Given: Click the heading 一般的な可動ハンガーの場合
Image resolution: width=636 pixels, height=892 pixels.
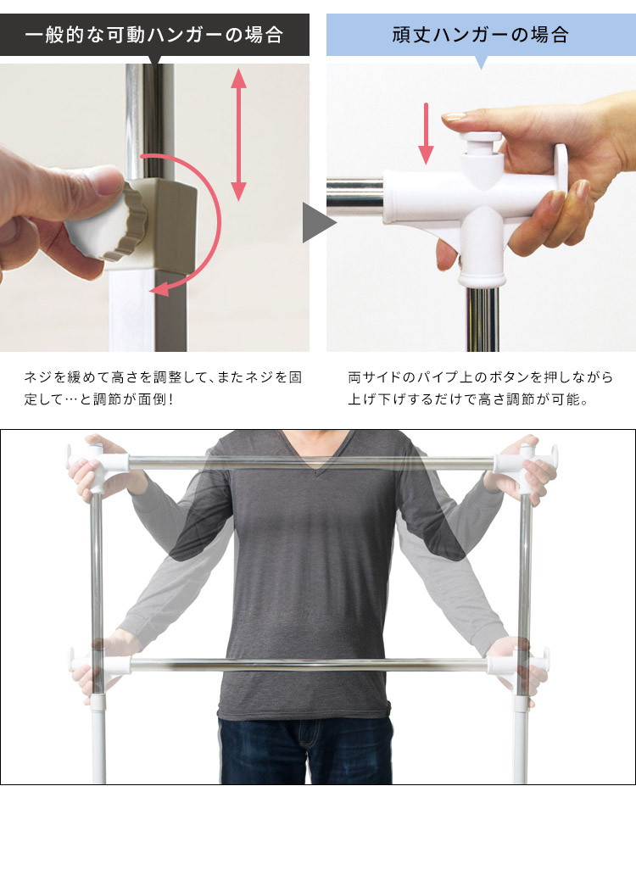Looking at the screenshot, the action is tap(153, 35).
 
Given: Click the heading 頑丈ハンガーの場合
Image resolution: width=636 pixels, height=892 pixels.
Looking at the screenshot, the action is tap(481, 35).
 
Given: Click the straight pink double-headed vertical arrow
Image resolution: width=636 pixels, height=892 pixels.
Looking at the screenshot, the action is tap(239, 135).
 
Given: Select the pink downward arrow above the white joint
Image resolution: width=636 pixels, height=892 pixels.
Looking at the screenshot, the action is tap(426, 133).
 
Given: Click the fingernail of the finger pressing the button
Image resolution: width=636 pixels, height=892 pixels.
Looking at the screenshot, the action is tap(454, 117).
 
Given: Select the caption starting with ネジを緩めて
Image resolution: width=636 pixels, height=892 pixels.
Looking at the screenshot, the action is tap(164, 388).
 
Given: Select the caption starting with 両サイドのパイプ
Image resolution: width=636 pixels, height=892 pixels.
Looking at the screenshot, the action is tap(481, 388).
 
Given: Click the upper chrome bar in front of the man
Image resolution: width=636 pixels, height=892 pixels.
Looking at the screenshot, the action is tap(310, 462).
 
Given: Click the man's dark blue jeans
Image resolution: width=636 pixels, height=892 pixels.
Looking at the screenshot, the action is tap(306, 751).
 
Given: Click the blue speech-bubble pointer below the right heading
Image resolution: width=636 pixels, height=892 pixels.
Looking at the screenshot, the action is tap(481, 63).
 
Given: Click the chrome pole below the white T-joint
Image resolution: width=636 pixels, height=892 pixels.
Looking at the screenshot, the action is tap(483, 319).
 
